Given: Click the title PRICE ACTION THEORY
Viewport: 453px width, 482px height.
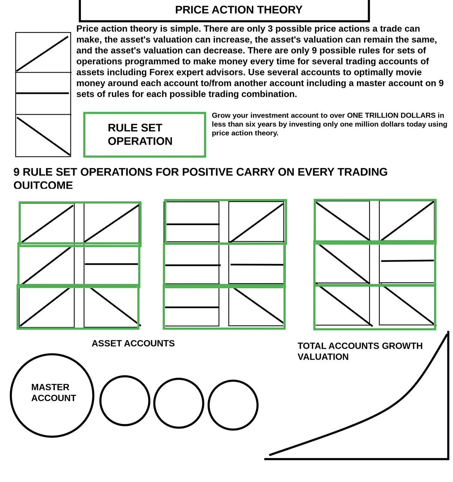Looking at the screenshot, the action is coord(238,10).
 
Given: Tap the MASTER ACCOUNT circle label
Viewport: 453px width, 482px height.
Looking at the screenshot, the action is coord(54,392).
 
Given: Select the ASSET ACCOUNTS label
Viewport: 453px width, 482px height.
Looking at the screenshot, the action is coord(133,343).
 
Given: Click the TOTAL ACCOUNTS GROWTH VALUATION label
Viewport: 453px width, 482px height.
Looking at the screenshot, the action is coord(360,351).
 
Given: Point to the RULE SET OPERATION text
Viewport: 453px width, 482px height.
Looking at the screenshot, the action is coord(140,134).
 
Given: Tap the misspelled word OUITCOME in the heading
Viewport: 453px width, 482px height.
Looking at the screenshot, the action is coord(43,185).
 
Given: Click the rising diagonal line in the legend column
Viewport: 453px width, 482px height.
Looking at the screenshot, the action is coord(42,54).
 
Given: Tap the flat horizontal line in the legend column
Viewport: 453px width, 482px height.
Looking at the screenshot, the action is coord(42,93).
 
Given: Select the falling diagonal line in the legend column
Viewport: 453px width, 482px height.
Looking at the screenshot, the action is coord(43,136).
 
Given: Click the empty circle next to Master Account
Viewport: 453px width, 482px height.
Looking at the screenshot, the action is coord(125,400).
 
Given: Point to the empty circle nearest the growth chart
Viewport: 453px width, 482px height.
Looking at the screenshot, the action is coord(233,405).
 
